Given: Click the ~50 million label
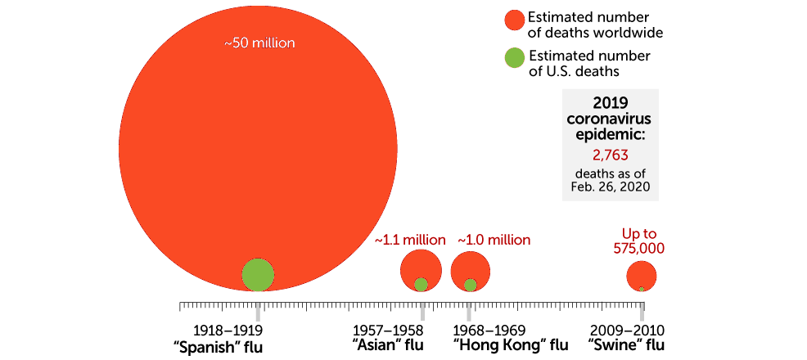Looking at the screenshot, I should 259,43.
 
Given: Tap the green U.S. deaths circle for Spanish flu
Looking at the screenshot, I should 258,275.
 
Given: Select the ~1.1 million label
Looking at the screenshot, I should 410,241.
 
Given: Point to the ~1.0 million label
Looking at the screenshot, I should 494,241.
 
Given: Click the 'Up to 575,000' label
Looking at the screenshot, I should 641,241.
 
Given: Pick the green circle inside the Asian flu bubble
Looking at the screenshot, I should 421,285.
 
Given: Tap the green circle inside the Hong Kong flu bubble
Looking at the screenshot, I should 471,285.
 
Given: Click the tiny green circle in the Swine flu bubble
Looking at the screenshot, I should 642,289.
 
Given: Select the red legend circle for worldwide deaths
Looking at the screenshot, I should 513,25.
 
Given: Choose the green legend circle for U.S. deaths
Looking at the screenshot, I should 513,59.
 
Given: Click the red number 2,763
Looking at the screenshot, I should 611,154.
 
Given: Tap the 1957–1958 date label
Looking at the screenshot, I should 388,330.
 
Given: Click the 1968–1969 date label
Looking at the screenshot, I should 489,330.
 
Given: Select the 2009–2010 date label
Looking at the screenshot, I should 627,330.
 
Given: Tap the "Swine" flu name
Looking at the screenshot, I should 626,346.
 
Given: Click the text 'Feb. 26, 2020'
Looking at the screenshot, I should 611,188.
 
